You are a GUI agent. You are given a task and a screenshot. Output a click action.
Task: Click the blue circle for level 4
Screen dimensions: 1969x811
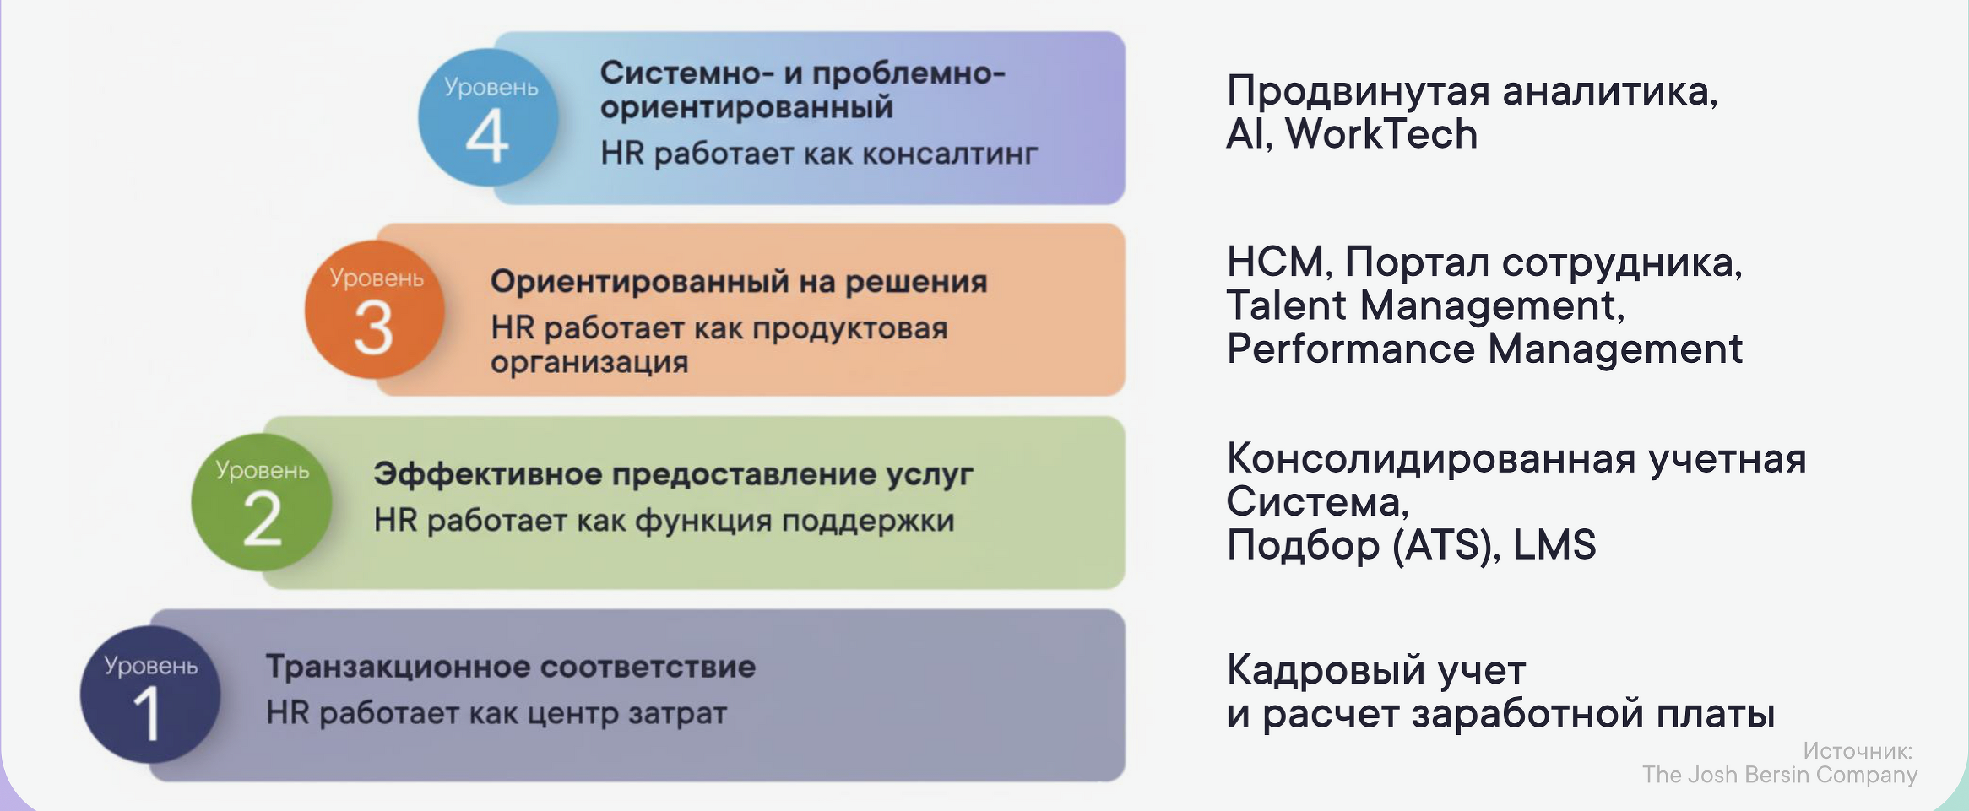(488, 118)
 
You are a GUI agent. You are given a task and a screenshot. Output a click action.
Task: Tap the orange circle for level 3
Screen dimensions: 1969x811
(375, 310)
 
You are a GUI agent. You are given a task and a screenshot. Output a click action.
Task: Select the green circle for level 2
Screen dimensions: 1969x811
(262, 502)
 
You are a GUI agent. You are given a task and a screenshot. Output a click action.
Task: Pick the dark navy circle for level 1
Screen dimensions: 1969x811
(150, 695)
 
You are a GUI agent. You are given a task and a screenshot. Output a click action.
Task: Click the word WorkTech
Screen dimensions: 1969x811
(1381, 134)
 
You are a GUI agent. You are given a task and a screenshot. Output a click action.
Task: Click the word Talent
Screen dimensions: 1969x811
(1286, 305)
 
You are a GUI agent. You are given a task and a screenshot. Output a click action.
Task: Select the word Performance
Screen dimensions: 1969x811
(1350, 349)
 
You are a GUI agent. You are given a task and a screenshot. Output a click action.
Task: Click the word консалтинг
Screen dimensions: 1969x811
(950, 154)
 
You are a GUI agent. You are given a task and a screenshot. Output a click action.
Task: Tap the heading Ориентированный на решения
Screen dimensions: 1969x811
(739, 281)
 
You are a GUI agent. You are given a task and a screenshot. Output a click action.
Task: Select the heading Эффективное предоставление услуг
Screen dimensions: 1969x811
(673, 474)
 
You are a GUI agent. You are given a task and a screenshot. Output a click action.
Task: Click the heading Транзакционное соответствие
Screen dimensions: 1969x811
(511, 667)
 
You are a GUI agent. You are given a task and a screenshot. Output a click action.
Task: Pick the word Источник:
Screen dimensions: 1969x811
(1858, 750)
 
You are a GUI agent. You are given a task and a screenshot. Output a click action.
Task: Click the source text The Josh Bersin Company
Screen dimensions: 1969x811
(1780, 775)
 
